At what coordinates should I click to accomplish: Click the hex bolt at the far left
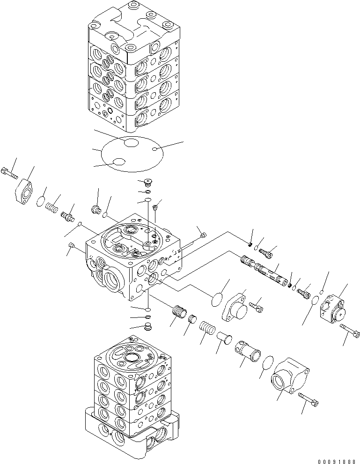point(9,171)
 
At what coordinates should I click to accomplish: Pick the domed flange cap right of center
point(236,309)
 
